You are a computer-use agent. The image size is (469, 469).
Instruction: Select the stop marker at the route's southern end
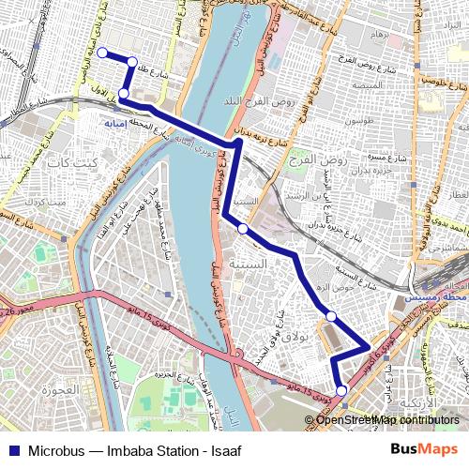pyautogui.click(x=341, y=390)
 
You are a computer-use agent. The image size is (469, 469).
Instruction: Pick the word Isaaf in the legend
pyautogui.click(x=225, y=450)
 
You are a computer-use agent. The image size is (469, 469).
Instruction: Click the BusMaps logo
pyautogui.click(x=425, y=449)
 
